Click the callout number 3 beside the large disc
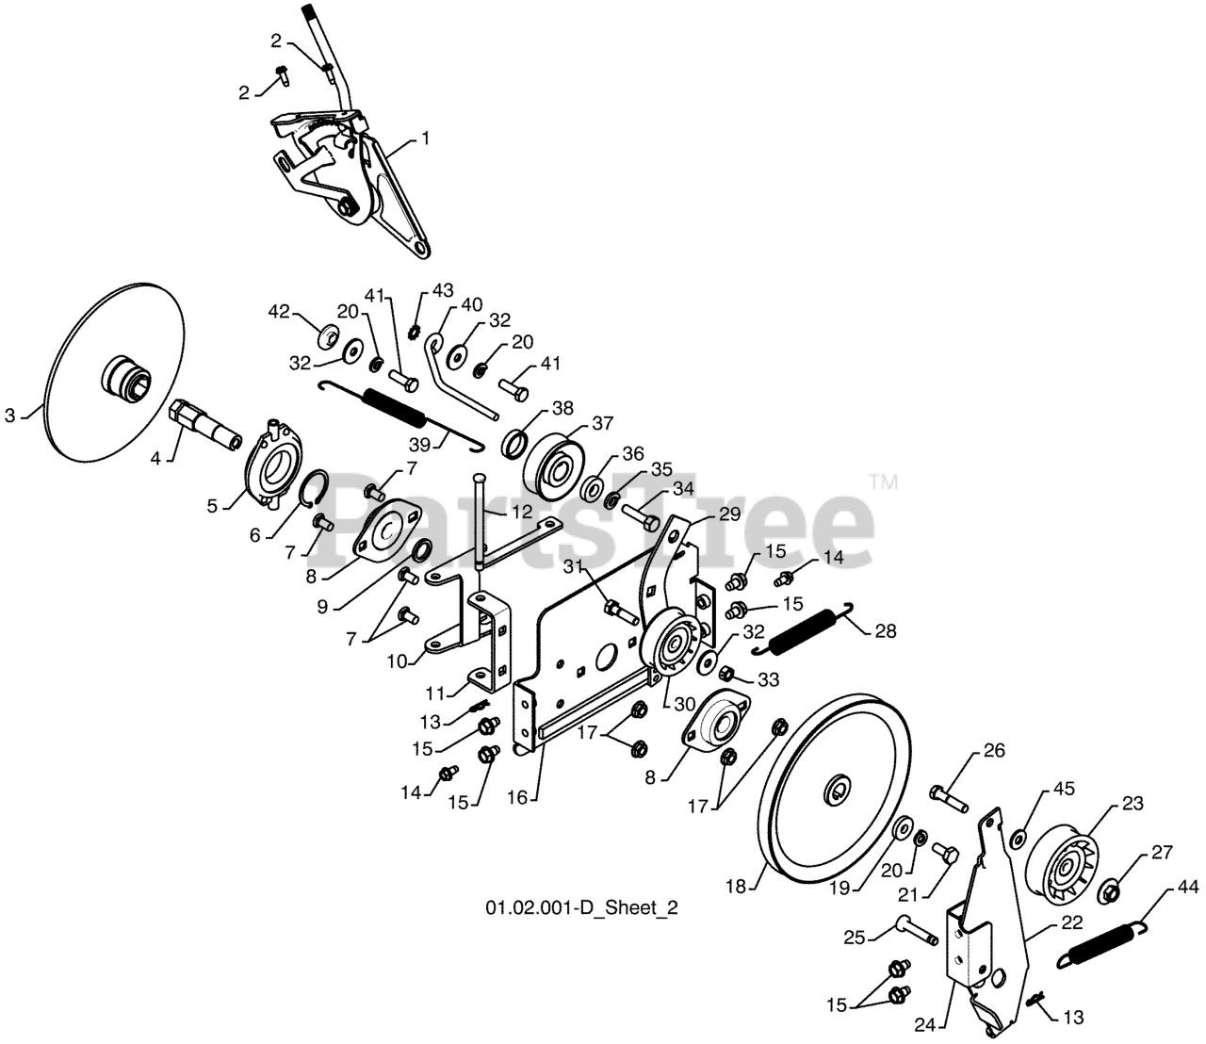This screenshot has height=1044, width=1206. tap(9, 415)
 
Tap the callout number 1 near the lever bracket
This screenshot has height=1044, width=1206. tap(426, 139)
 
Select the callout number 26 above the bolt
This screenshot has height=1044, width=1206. tap(994, 751)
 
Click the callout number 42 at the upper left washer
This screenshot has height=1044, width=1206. tap(278, 312)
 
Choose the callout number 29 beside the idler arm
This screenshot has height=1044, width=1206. tap(730, 514)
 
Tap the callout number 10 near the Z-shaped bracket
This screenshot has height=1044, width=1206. tap(398, 661)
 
